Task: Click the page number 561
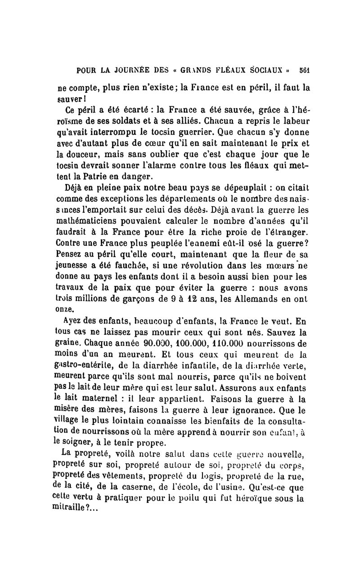(306, 72)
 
